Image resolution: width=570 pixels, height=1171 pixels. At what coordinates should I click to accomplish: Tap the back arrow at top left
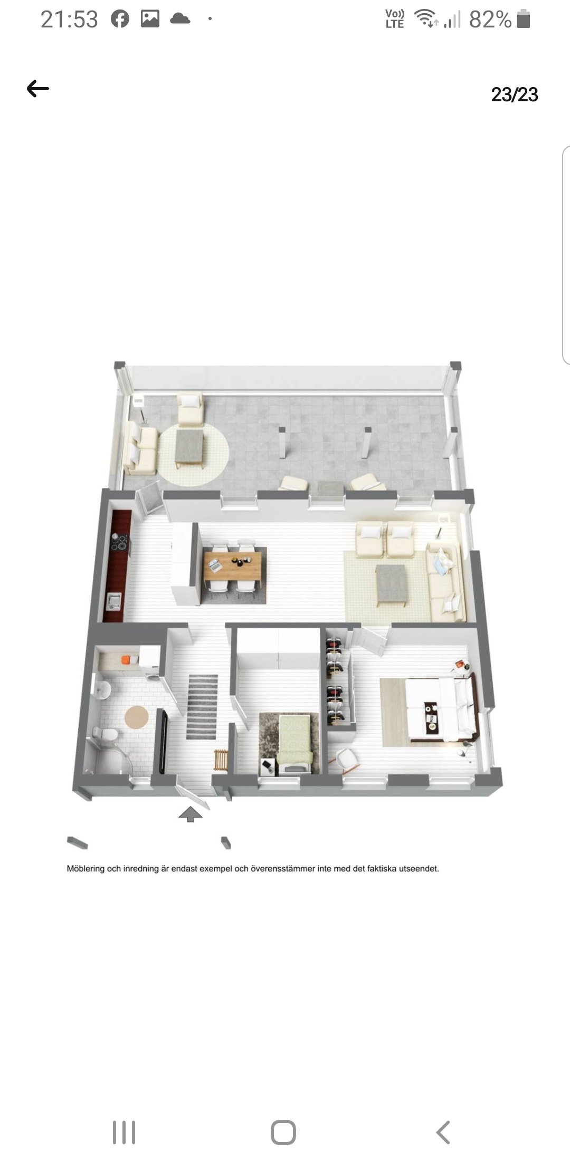coord(38,89)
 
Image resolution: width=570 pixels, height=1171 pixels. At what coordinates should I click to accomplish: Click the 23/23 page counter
coord(515,95)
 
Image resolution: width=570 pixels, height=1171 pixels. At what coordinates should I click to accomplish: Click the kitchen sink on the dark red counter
coord(113,600)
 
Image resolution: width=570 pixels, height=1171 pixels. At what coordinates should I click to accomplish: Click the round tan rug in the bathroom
coord(137,717)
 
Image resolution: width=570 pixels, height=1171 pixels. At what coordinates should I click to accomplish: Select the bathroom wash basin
coord(102,688)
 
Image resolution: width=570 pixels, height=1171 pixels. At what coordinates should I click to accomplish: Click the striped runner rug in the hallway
coord(202,706)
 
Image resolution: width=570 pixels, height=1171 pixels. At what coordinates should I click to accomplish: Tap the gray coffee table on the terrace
coord(190,446)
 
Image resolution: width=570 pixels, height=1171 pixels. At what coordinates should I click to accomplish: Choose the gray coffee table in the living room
coord(391,583)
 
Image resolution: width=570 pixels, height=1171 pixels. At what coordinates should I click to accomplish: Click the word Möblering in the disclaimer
coord(86,869)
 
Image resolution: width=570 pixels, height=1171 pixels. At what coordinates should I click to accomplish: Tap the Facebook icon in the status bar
coord(120,19)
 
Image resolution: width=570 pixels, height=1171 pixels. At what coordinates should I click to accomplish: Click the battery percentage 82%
coord(490,20)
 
